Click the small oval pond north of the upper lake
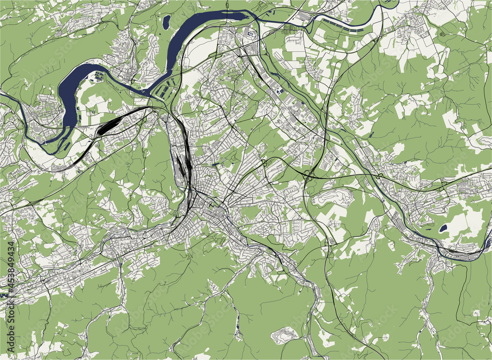tap(167, 21)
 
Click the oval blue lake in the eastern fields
tap(443, 228)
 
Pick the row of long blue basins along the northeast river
tap(349, 30)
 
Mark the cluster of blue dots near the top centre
tap(251, 34)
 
